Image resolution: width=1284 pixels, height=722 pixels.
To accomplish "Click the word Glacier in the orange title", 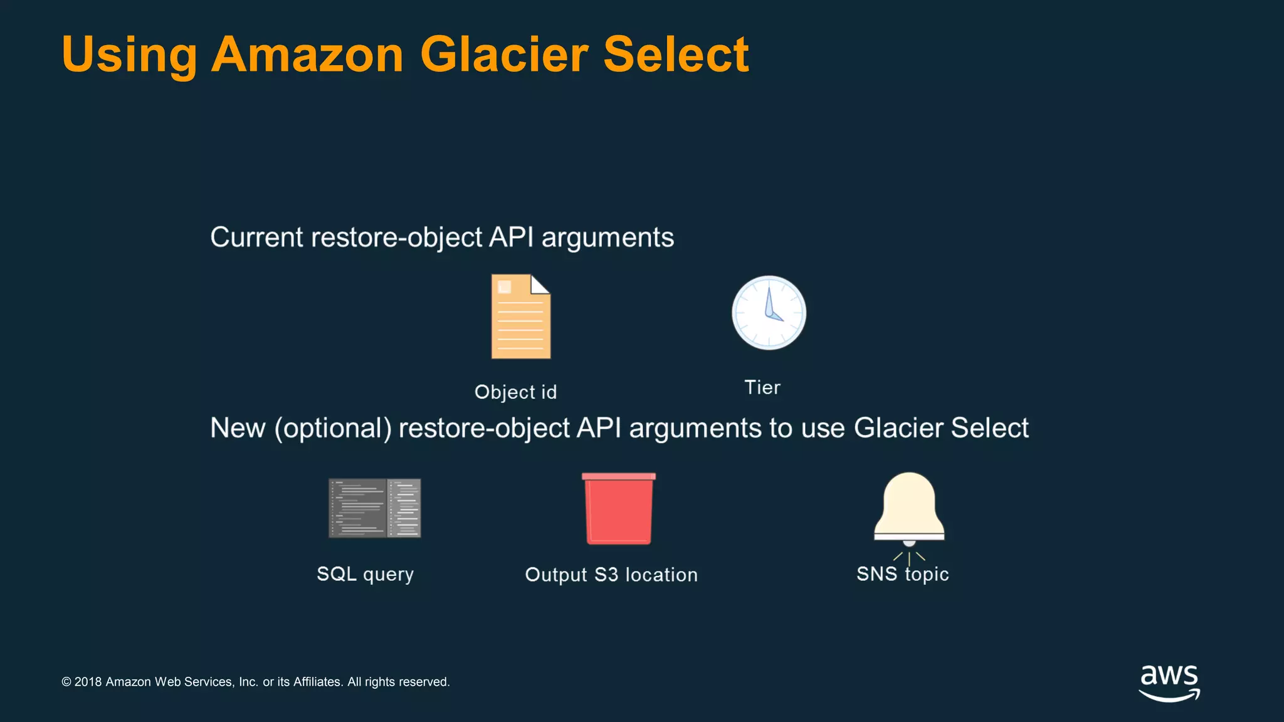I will [x=504, y=55].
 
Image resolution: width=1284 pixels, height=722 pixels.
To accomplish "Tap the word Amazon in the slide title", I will [x=307, y=55].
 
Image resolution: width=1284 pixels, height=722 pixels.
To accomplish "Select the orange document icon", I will [x=520, y=320].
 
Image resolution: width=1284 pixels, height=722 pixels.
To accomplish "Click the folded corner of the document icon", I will [x=540, y=284].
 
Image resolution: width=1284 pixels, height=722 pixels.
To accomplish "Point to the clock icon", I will [x=769, y=313].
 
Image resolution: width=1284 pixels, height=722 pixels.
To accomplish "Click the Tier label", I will [x=762, y=387].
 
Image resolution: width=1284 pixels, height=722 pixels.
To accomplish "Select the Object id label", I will [x=515, y=392].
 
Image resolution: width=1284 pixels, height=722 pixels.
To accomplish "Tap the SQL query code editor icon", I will [x=374, y=508].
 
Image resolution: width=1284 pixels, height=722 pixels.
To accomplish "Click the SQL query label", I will [x=365, y=574].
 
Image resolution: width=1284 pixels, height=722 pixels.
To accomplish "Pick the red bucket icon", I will [x=618, y=508].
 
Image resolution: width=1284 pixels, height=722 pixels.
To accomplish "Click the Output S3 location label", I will [x=611, y=575].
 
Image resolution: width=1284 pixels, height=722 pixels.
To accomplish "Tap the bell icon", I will [x=909, y=508].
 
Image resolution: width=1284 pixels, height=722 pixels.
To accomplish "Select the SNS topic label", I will [x=902, y=574].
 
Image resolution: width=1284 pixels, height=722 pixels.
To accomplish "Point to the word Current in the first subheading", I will [x=257, y=238].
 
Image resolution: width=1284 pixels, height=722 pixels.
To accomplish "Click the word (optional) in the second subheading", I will [x=333, y=428].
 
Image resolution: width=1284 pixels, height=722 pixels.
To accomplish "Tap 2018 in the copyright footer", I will [x=88, y=682].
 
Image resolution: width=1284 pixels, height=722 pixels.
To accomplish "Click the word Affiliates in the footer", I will [x=318, y=682].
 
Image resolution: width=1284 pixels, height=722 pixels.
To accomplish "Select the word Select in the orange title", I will [x=676, y=55].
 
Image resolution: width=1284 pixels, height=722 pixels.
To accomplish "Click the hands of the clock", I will [x=771, y=308].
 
